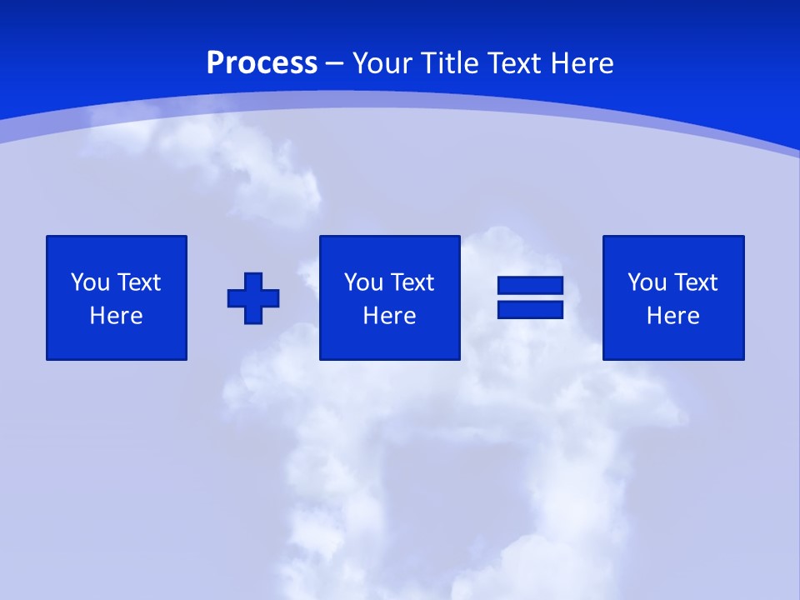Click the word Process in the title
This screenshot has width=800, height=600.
[x=262, y=63]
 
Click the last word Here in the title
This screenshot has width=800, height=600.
[x=582, y=63]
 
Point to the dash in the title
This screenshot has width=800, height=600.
[x=335, y=63]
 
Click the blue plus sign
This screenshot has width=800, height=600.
[x=253, y=297]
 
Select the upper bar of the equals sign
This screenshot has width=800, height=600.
[x=530, y=286]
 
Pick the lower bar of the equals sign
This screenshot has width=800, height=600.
[x=530, y=309]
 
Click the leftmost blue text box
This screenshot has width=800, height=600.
[x=117, y=297]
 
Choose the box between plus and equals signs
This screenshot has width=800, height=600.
[x=389, y=297]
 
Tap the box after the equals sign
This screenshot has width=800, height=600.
[x=672, y=297]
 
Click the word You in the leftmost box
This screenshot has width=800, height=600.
[x=90, y=282]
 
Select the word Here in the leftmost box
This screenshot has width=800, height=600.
[x=117, y=316]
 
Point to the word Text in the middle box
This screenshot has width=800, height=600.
[x=412, y=282]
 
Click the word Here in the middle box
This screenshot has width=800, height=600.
[x=389, y=316]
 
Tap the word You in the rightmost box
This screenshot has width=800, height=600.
[x=647, y=282]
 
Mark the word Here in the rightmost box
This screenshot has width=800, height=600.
[x=672, y=316]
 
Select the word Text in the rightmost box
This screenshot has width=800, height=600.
[x=696, y=282]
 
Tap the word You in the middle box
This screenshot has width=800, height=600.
[x=363, y=282]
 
